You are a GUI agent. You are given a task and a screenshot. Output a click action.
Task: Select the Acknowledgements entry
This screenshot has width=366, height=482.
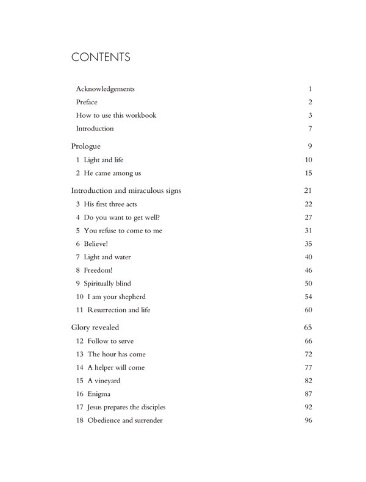pyautogui.click(x=106, y=89)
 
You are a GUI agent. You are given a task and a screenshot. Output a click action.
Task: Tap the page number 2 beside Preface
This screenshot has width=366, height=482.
pyautogui.click(x=310, y=102)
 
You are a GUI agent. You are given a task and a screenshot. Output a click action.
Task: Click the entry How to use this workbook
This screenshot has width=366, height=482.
pyautogui.click(x=116, y=115)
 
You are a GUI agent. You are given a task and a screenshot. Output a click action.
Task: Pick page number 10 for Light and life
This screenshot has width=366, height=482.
pyautogui.click(x=308, y=160)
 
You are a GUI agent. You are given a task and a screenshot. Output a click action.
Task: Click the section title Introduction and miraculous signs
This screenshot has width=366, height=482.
pyautogui.click(x=126, y=190)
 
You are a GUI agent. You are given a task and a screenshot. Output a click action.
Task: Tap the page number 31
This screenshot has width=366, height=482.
pyautogui.click(x=308, y=231)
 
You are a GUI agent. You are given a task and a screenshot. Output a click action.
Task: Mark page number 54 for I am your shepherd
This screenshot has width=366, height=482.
pyautogui.click(x=308, y=297)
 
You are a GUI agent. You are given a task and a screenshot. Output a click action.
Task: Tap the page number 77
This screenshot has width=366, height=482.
pyautogui.click(x=308, y=367)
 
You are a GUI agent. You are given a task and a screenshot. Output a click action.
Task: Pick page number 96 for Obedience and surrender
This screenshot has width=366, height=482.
pyautogui.click(x=308, y=420)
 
